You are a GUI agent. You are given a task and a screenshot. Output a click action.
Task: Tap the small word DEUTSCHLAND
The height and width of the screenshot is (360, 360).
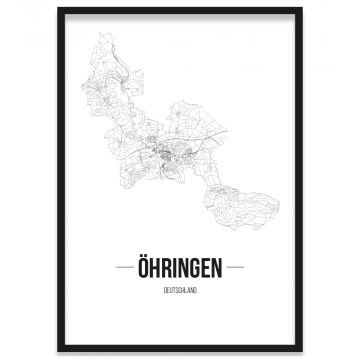point(180,291)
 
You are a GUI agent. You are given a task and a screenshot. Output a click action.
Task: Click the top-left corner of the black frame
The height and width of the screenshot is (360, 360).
point(59,9)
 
